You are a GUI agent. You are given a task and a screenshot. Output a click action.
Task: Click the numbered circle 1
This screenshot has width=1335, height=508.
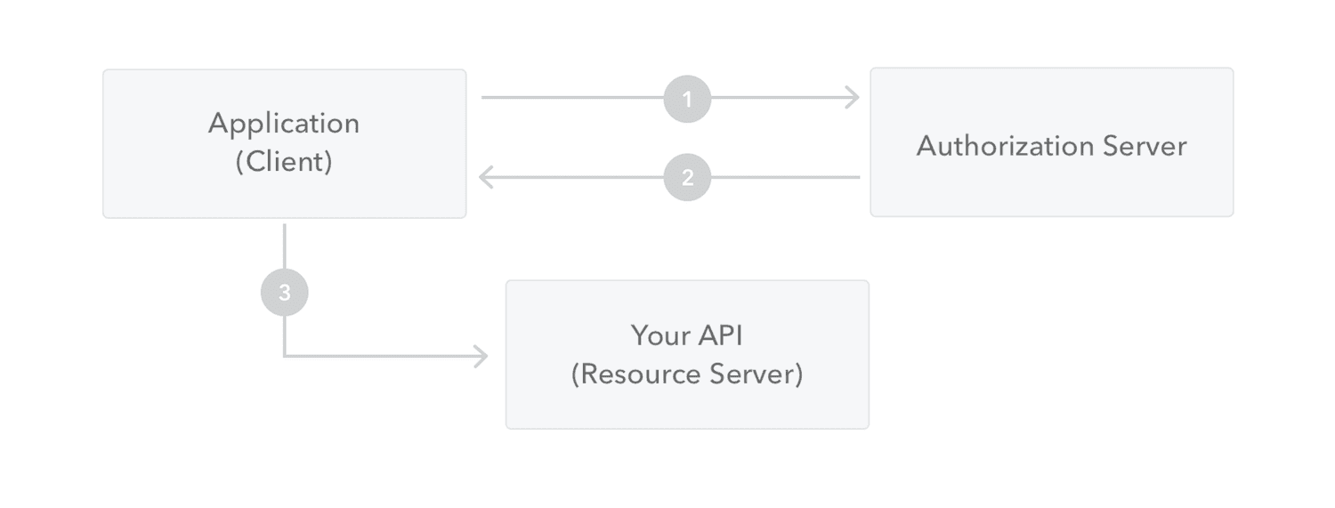[687, 98]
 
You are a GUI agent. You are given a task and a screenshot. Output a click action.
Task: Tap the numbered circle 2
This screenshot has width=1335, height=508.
[687, 177]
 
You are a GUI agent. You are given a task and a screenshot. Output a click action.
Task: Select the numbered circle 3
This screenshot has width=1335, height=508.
[284, 293]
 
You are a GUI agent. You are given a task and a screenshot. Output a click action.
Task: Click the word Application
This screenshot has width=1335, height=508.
[284, 123]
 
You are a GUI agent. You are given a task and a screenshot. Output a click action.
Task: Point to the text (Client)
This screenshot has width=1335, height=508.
[284, 162]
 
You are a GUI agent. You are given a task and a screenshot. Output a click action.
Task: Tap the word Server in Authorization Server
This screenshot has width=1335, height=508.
[1146, 145]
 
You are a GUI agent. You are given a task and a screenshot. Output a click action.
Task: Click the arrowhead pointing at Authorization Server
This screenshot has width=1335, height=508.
[853, 98]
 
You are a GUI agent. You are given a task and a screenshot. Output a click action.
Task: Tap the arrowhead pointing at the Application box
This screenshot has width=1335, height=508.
[486, 177]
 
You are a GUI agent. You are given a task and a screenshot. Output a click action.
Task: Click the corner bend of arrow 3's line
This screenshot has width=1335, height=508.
[284, 357]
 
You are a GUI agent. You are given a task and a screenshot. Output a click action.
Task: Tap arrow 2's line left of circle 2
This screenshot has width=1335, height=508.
[578, 177]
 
